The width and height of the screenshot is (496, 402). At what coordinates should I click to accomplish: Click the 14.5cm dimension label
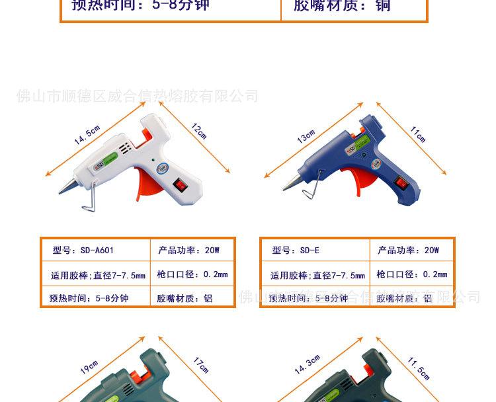coord(87,134)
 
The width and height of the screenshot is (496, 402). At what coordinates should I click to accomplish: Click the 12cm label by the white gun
coord(199,130)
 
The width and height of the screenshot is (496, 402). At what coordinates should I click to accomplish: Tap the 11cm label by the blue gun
coord(418,134)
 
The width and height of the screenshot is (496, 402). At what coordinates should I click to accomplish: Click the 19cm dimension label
coord(89,368)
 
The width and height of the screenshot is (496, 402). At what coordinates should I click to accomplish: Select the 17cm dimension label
coord(200,365)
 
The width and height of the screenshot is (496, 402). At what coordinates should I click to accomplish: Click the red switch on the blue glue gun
coord(399,183)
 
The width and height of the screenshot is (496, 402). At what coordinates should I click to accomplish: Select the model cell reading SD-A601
coord(83,251)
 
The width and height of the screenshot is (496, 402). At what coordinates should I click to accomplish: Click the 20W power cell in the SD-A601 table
coord(188,251)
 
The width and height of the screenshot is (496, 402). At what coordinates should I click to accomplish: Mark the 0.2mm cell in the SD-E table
coord(412,274)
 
